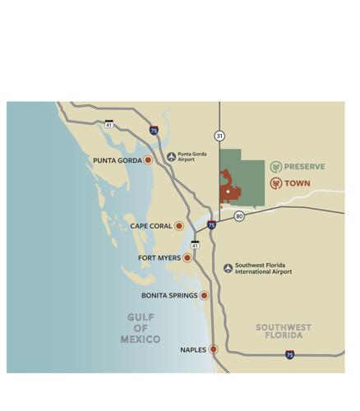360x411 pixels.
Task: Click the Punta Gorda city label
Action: click(x=117, y=160)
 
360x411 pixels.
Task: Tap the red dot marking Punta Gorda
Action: click(x=148, y=160)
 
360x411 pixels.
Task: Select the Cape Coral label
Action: click(x=151, y=225)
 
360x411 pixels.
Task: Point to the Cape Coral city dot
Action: click(x=179, y=225)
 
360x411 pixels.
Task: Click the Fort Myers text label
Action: click(x=159, y=258)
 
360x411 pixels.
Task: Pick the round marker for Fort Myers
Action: click(x=187, y=258)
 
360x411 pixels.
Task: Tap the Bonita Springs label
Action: click(x=168, y=295)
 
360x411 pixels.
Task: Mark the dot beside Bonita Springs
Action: click(x=204, y=295)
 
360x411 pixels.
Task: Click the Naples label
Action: click(x=193, y=349)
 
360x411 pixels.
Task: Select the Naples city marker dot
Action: click(x=214, y=349)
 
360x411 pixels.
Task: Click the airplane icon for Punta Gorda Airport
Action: click(x=171, y=156)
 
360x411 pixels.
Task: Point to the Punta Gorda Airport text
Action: click(x=192, y=156)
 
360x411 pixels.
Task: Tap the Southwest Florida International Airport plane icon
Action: click(x=228, y=268)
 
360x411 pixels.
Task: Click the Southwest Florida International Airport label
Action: click(x=264, y=268)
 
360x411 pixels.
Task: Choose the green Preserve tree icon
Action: click(x=276, y=167)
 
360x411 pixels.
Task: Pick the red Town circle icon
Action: click(x=276, y=183)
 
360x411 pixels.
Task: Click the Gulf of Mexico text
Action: click(x=141, y=328)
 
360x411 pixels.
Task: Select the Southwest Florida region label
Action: click(x=284, y=331)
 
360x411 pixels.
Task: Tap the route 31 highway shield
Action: click(x=219, y=136)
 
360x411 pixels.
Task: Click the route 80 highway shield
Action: click(x=238, y=216)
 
